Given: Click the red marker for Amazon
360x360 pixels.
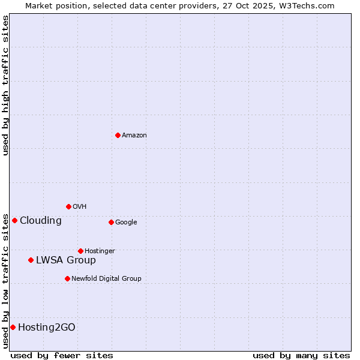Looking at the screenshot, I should pyautogui.click(x=118, y=135).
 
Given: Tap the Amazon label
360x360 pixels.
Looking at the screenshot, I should pyautogui.click(x=134, y=136).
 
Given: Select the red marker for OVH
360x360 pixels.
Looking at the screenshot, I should pyautogui.click(x=68, y=206).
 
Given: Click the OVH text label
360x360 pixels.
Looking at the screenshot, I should pyautogui.click(x=80, y=207).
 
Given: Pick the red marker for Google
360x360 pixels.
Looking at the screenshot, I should pyautogui.click(x=111, y=222).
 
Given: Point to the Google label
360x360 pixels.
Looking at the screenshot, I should pyautogui.click(x=126, y=223).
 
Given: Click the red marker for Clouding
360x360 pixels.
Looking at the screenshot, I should pyautogui.click(x=14, y=220).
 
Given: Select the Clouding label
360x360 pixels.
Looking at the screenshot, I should pyautogui.click(x=41, y=221).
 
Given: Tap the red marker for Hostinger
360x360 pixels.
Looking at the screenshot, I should pyautogui.click(x=80, y=251).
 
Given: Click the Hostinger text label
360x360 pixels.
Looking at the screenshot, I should pyautogui.click(x=100, y=251).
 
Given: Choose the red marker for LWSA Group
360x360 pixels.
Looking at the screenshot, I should pyautogui.click(x=31, y=260).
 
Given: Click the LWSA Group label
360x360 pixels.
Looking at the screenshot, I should pyautogui.click(x=66, y=260).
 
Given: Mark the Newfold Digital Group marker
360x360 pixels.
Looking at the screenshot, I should pyautogui.click(x=67, y=278).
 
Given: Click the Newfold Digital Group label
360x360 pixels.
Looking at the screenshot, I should pyautogui.click(x=106, y=279).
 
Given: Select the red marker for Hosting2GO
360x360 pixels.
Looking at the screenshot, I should pyautogui.click(x=13, y=327).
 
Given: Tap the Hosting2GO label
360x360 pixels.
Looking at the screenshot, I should pyautogui.click(x=47, y=328).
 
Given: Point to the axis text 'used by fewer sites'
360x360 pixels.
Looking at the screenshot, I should pyautogui.click(x=62, y=355).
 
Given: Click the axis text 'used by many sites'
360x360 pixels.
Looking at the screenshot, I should pyautogui.click(x=301, y=355).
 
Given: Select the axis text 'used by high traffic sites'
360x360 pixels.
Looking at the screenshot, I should pyautogui.click(x=5, y=85).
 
